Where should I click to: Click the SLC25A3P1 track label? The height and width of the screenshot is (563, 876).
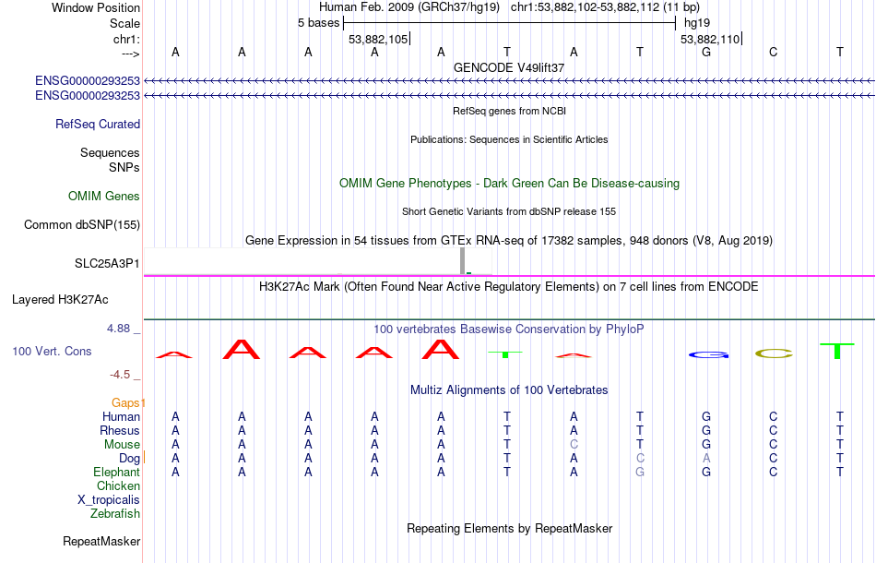click(107, 263)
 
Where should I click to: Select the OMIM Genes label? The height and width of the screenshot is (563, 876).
click(104, 197)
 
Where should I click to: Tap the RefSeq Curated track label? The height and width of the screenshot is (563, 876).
click(98, 124)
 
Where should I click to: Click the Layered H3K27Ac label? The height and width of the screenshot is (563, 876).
click(60, 300)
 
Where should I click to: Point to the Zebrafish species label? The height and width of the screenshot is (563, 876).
click(115, 514)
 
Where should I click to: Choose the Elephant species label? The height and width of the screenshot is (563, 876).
click(117, 473)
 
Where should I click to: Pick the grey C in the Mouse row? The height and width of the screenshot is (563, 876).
click(574, 445)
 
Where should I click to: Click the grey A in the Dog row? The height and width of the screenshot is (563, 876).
click(706, 459)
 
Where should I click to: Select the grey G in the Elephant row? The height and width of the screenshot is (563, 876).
click(640, 473)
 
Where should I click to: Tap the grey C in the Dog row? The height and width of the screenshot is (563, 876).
click(640, 459)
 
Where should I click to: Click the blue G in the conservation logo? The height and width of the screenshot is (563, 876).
click(708, 355)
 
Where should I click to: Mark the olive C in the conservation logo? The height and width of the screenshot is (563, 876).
click(774, 353)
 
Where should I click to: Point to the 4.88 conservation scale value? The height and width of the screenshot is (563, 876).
click(119, 329)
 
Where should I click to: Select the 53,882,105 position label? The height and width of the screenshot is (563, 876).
click(378, 40)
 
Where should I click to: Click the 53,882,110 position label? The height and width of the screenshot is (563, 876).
click(710, 40)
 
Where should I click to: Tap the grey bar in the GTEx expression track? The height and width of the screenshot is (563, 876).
click(463, 261)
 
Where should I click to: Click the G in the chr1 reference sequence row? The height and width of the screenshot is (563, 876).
click(706, 53)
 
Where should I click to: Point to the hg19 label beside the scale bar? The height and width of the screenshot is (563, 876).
click(697, 23)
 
